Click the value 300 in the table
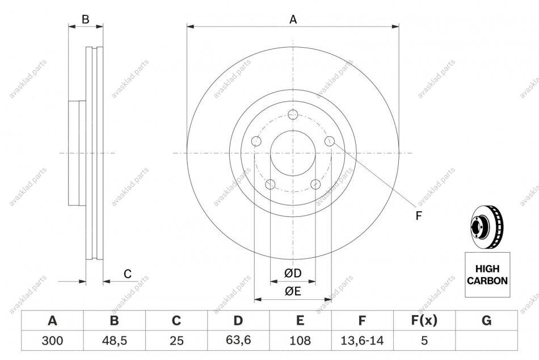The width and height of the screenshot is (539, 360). click(52, 340)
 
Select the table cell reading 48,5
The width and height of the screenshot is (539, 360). click(114, 340)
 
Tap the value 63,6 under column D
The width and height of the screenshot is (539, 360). click(238, 340)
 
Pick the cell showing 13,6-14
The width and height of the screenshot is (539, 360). click(362, 340)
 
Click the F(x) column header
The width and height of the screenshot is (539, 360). click(424, 320)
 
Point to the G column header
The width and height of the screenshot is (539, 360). click(486, 320)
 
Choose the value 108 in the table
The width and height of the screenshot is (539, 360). click(300, 340)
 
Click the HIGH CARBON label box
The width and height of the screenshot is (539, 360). click(487, 275)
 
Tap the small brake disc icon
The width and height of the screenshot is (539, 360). click(487, 227)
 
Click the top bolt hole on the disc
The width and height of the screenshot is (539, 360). click(293, 114)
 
